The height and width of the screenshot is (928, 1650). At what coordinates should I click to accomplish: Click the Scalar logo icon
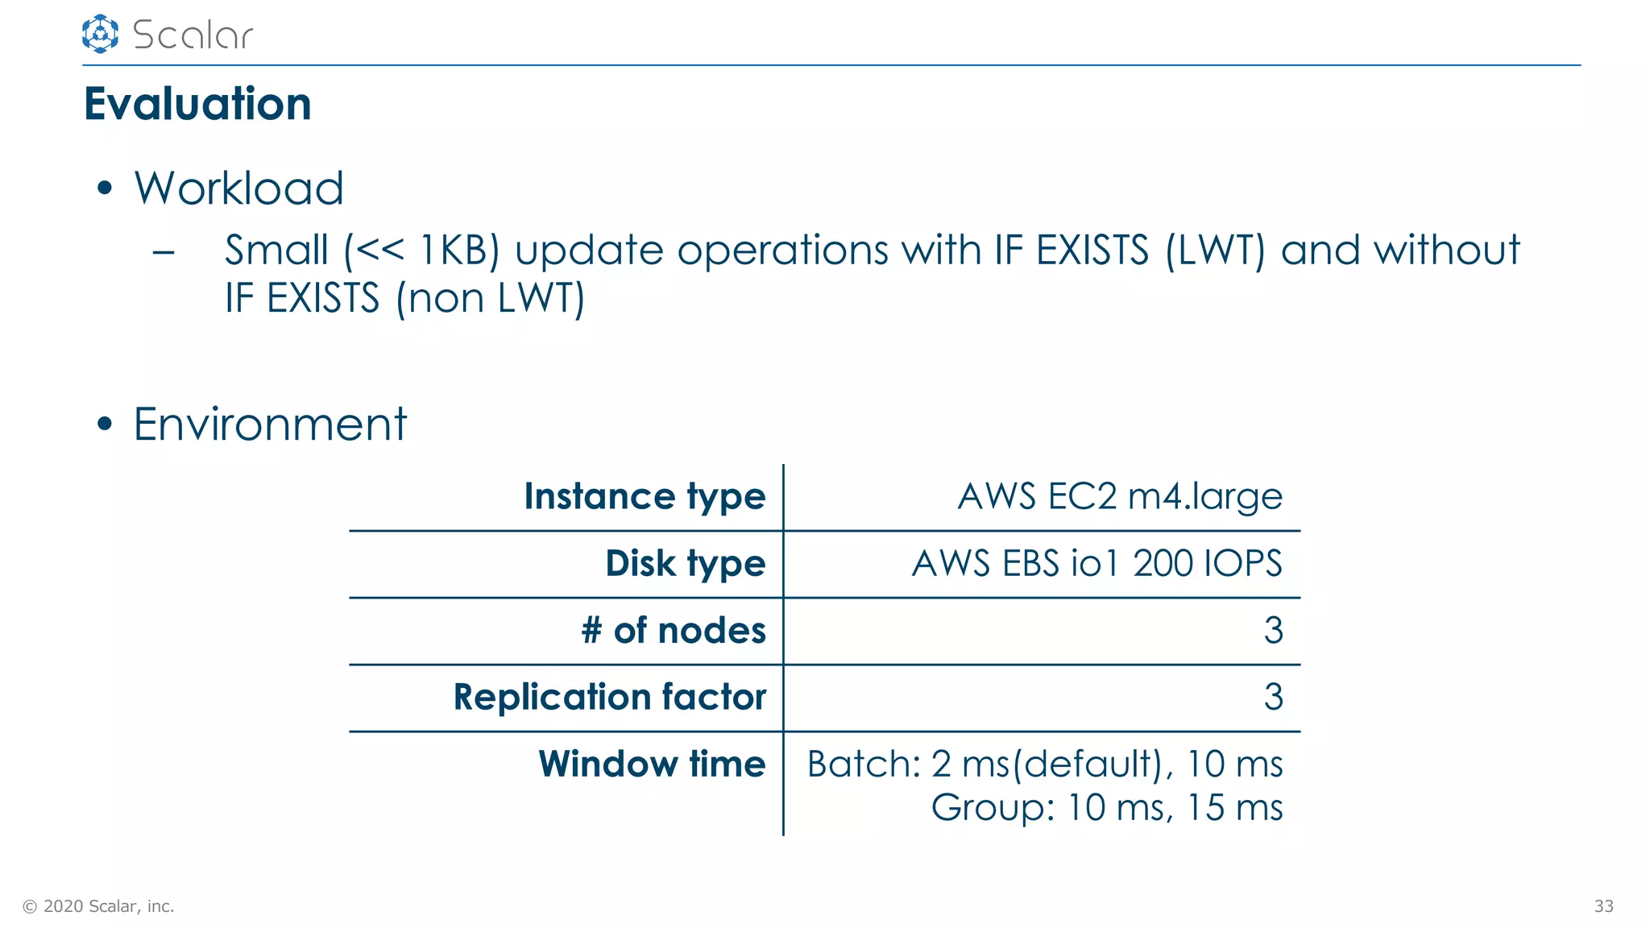point(100,34)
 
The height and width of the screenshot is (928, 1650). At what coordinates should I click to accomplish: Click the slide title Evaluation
point(197,104)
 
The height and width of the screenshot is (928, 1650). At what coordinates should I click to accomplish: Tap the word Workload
point(238,188)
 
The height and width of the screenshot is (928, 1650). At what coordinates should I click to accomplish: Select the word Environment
point(270,424)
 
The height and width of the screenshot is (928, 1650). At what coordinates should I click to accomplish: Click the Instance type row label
point(645,496)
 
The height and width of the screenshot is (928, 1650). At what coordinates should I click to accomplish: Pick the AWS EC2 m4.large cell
point(1119,496)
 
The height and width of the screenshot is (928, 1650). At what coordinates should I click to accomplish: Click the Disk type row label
point(685,563)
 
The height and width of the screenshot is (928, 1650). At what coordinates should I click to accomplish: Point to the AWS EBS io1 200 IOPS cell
point(1097,563)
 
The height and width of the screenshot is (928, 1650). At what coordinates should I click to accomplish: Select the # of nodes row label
point(674,630)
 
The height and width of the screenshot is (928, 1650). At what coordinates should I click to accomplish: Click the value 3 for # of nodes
point(1273,630)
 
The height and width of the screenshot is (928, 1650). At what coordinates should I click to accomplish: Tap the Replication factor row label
point(609,697)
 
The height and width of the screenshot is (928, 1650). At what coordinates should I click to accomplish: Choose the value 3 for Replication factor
point(1273,697)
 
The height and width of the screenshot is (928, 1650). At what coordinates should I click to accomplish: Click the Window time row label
point(652,764)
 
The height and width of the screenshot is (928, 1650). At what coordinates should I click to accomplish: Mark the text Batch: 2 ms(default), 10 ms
point(1045,764)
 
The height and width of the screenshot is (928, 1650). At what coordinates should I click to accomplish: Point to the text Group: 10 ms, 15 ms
point(1107,807)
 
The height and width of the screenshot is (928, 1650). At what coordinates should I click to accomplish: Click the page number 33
point(1603,906)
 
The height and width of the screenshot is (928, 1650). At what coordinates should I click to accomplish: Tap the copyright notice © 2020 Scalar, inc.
point(98,906)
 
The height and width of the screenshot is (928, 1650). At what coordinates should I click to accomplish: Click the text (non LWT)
point(490,298)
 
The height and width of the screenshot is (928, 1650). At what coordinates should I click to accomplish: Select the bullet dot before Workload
point(104,189)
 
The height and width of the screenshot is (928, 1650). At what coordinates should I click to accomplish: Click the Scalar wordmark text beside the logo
point(193,35)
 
